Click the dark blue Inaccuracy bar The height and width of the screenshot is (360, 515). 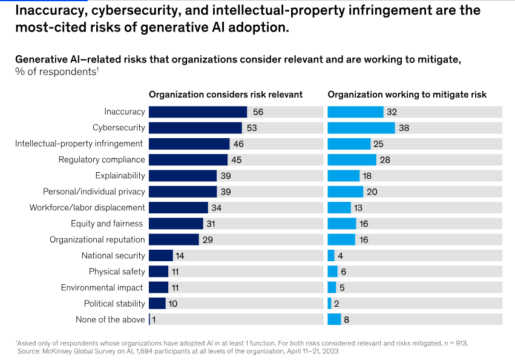tap(197, 112)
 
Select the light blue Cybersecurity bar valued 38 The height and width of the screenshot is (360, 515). tap(361, 128)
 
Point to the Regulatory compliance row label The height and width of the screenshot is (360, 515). tap(102, 159)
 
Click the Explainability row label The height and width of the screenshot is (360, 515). tap(120, 176)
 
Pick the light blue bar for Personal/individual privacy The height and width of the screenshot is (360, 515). tap(345, 192)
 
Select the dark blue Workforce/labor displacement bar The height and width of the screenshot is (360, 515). tap(178, 208)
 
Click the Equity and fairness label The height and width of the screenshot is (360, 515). tap(107, 224)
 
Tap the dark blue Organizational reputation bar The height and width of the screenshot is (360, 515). tap(173, 239)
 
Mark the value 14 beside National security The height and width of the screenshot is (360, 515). tap(180, 256)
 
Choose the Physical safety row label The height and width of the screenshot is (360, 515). tap(117, 272)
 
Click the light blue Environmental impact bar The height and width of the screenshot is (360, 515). tap(332, 287)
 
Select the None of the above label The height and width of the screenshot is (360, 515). tap(110, 319)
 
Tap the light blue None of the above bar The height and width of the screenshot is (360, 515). tap(334, 319)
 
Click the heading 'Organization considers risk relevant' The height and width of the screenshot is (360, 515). tap(226, 95)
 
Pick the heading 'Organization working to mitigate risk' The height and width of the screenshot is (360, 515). tap(407, 95)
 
